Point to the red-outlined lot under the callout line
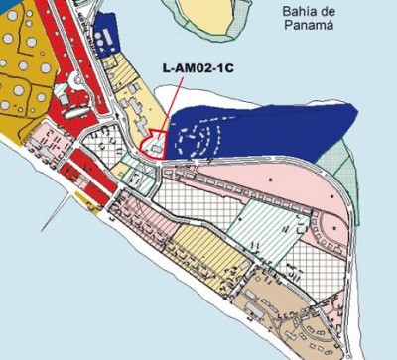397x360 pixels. (x=156, y=146)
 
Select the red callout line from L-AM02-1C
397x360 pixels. (x=172, y=107)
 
